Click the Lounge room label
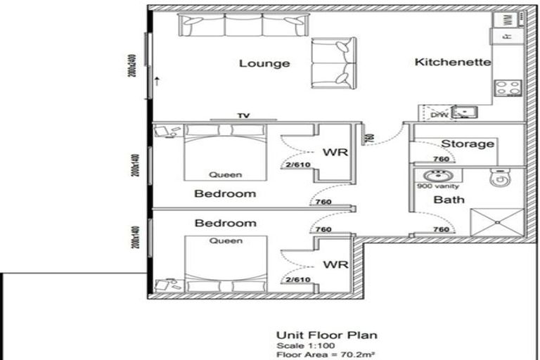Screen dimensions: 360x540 click(264, 64)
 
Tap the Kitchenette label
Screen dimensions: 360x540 click(453, 63)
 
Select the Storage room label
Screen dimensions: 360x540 click(467, 143)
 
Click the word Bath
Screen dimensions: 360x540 click(449, 200)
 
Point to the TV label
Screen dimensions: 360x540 click(244, 116)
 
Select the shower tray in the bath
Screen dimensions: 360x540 click(496, 221)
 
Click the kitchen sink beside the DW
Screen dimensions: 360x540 click(464, 112)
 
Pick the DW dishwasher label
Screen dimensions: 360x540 click(438, 115)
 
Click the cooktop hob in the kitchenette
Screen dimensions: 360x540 click(508, 88)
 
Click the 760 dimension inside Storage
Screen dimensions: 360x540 click(442, 159)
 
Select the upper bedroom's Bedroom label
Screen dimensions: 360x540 click(225, 193)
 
